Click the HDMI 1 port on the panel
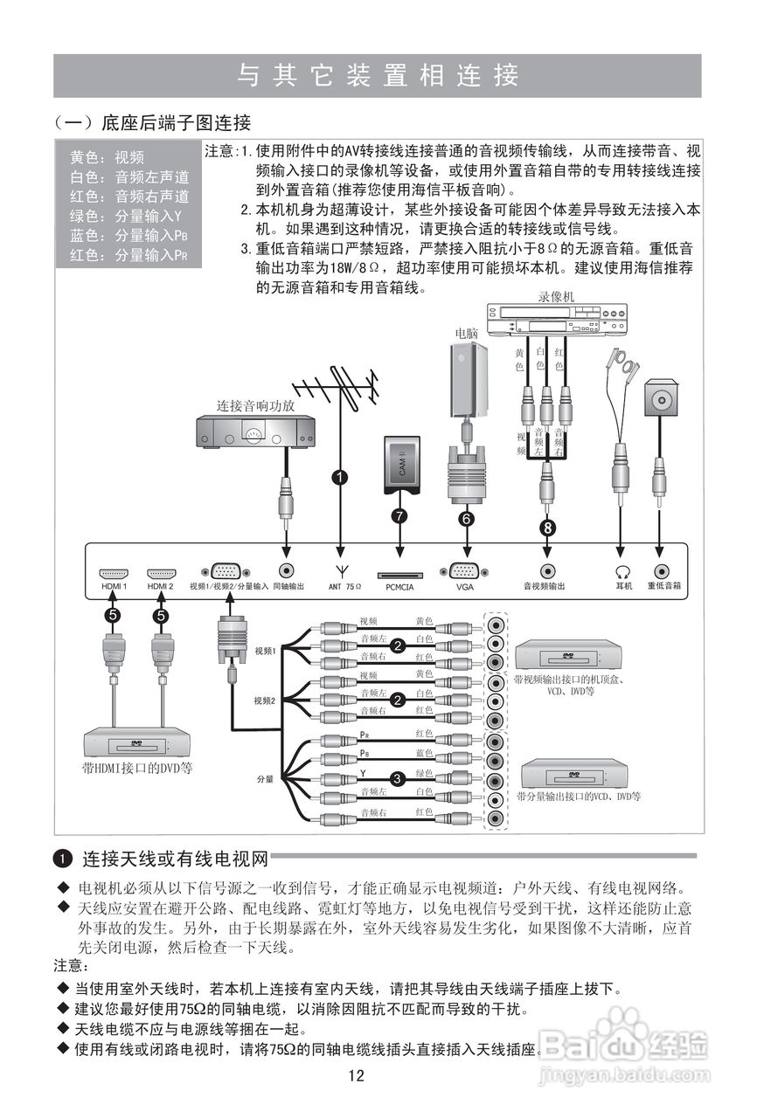114,569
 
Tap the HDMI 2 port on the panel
160,569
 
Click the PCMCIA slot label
400,587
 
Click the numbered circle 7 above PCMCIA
400,515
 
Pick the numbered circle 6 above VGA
467,518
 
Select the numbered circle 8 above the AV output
547,528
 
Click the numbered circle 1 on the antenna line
339,477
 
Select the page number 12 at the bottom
356,1075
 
